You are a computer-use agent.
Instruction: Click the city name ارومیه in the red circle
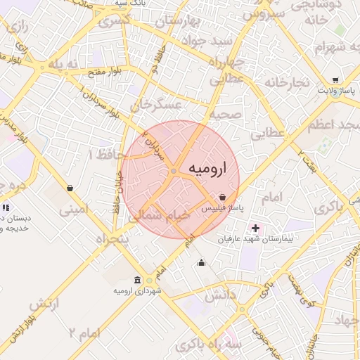point(210,170)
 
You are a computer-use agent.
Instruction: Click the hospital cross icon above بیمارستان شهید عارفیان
point(255,228)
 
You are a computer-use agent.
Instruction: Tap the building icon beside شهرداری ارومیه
point(138,279)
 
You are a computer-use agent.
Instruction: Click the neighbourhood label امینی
point(74,209)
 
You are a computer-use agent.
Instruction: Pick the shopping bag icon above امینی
point(70,188)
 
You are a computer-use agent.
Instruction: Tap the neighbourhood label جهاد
point(345,320)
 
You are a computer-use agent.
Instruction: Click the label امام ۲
point(84,330)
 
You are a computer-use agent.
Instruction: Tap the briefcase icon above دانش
point(202,264)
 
